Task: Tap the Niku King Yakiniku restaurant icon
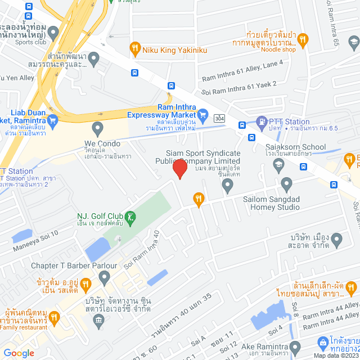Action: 134,49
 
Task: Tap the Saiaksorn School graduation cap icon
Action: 278,164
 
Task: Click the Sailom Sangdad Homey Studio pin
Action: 286,183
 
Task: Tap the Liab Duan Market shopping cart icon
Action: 53,119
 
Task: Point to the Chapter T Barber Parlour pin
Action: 104,277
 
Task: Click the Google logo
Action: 19,353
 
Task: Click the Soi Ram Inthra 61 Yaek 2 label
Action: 239,87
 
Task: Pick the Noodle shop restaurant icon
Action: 303,39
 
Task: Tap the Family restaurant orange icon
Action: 54,318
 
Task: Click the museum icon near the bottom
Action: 99,321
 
